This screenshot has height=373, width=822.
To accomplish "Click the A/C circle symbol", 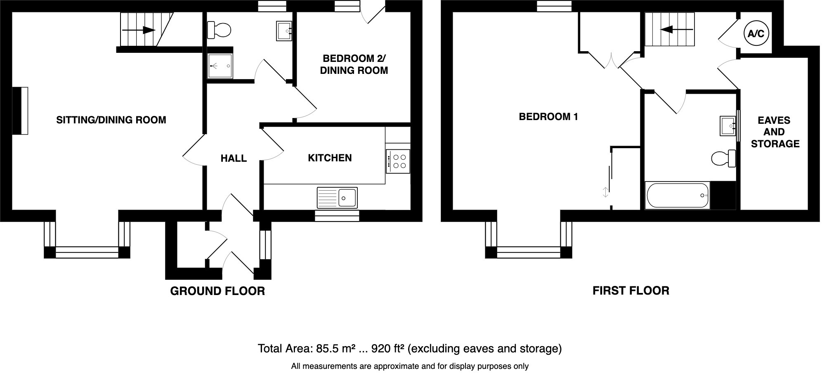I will [x=756, y=33].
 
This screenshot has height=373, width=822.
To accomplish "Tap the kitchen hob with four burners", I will [x=398, y=161].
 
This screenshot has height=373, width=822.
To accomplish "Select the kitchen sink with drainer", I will [x=337, y=197].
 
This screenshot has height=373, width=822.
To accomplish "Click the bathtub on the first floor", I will [x=677, y=195].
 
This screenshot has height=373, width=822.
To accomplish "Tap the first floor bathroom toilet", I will [x=724, y=158].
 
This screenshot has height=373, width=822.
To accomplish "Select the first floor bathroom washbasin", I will [x=728, y=125].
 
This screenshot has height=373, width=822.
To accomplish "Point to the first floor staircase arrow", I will [x=670, y=29].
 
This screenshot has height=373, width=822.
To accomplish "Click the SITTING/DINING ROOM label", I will [x=111, y=120].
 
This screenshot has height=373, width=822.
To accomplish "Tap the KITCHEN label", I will [x=330, y=158].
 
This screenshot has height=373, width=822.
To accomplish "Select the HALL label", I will [x=234, y=158].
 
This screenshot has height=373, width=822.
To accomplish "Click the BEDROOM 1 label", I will [x=548, y=117].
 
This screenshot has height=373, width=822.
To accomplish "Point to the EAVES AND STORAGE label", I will [x=775, y=132].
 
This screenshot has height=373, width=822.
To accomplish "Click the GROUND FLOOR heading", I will [x=217, y=291].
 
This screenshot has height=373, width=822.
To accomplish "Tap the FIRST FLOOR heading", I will [x=631, y=290].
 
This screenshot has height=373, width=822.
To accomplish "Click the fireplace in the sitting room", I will [x=20, y=111].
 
